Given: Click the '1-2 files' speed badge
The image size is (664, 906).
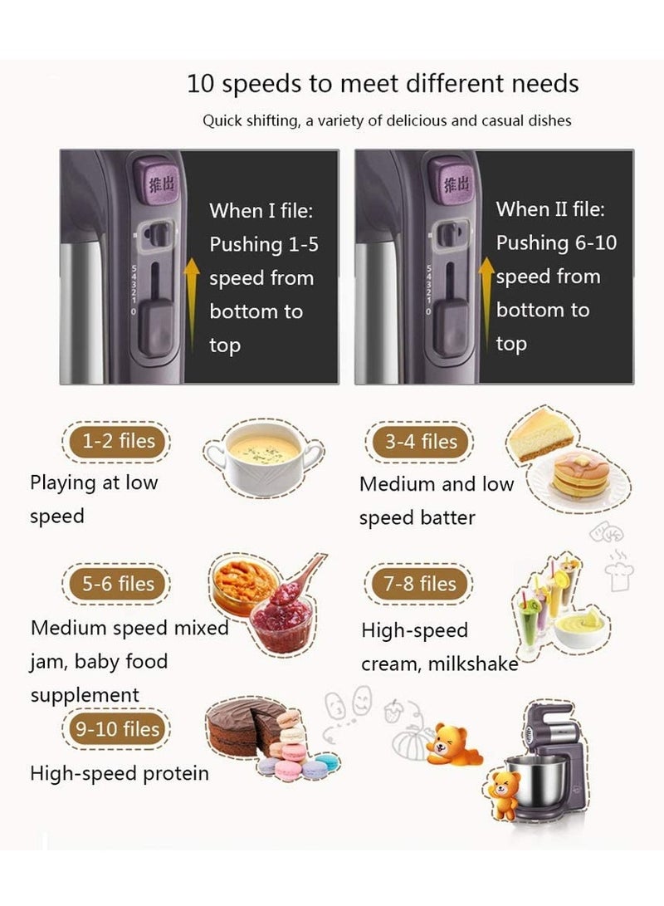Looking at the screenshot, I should [x=115, y=441].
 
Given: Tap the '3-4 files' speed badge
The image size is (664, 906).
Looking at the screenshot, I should [x=421, y=442].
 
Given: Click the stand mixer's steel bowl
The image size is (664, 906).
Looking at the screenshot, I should [x=540, y=780].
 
